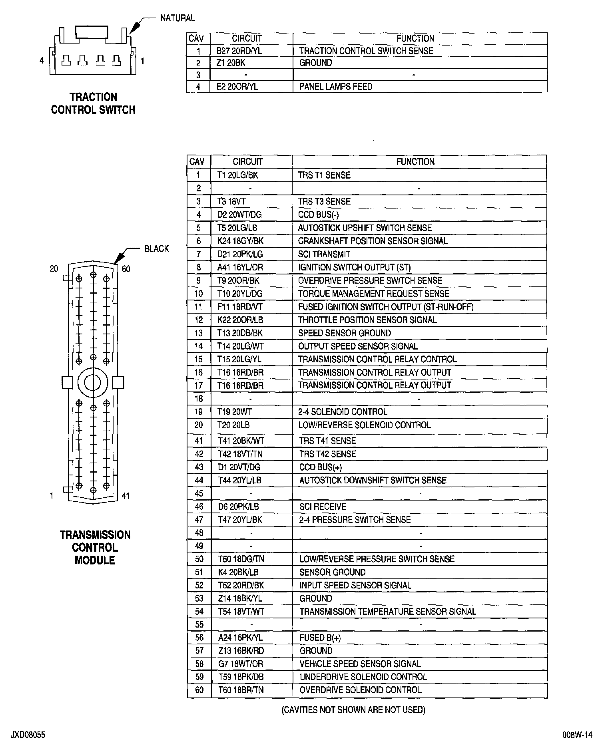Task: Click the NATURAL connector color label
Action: pos(177,18)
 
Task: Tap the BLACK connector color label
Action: pos(157,249)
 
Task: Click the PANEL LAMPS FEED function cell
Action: pos(335,87)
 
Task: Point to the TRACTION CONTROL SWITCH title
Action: pos(93,103)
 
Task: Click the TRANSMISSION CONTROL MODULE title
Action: pos(95,547)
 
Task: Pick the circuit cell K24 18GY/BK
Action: pos(240,241)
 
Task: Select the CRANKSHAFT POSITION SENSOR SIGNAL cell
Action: pos(373,241)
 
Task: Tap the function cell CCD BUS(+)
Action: pos(320,467)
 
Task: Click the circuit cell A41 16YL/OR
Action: pos(240,267)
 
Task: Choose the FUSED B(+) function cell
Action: pos(320,638)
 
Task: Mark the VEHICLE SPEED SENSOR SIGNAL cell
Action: pos(360,664)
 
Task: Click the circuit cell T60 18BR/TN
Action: pos(241,690)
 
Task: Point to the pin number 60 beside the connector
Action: pos(126,269)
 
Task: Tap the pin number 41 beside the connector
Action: pos(126,496)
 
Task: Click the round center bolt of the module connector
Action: pos(93,383)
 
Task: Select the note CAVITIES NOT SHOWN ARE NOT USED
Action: pos(353,710)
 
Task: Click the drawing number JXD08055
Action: pos(28,735)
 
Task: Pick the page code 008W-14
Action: pos(577,735)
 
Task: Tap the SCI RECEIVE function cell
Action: pos(322,507)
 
